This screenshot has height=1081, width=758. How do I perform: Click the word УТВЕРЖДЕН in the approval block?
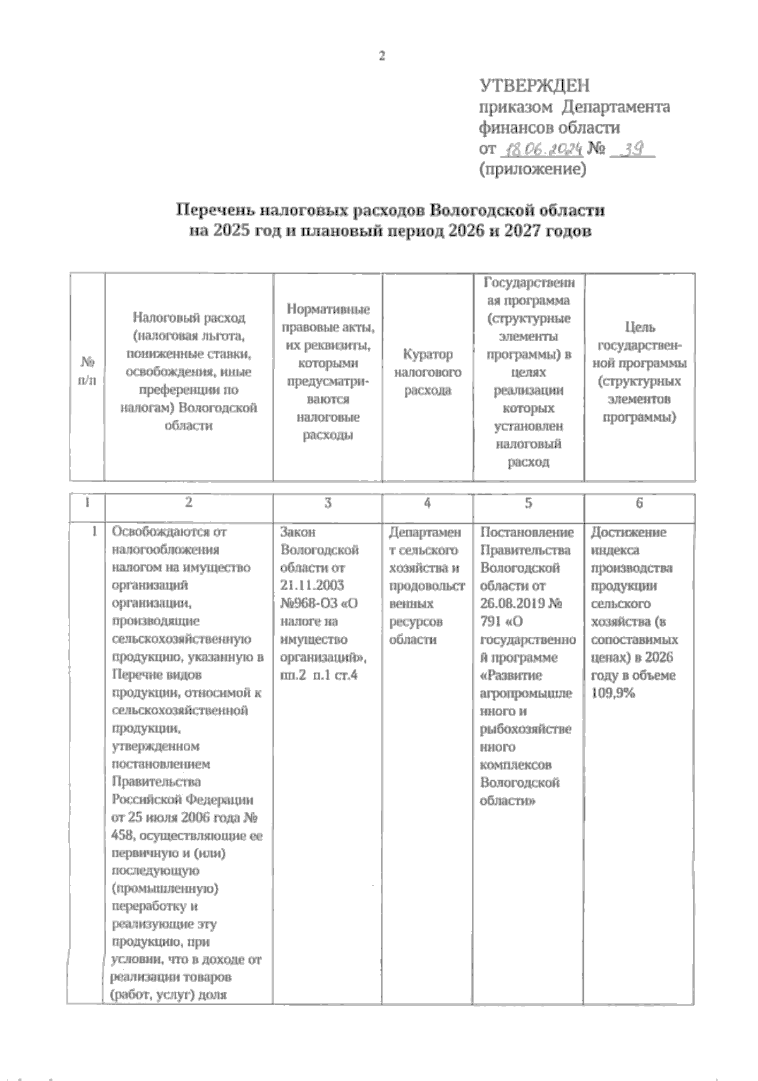pyautogui.click(x=534, y=85)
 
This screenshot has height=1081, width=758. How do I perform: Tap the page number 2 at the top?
pyautogui.click(x=382, y=56)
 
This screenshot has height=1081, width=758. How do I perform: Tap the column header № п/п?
pyautogui.click(x=87, y=372)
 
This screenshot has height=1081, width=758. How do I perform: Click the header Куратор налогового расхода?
pyautogui.click(x=428, y=372)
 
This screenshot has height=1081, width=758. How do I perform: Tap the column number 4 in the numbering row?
pyautogui.click(x=428, y=504)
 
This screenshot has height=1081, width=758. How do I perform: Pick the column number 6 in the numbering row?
pyautogui.click(x=639, y=504)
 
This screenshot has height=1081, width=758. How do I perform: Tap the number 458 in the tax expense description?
pyautogui.click(x=123, y=836)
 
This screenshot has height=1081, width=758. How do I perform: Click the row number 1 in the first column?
pyautogui.click(x=94, y=532)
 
